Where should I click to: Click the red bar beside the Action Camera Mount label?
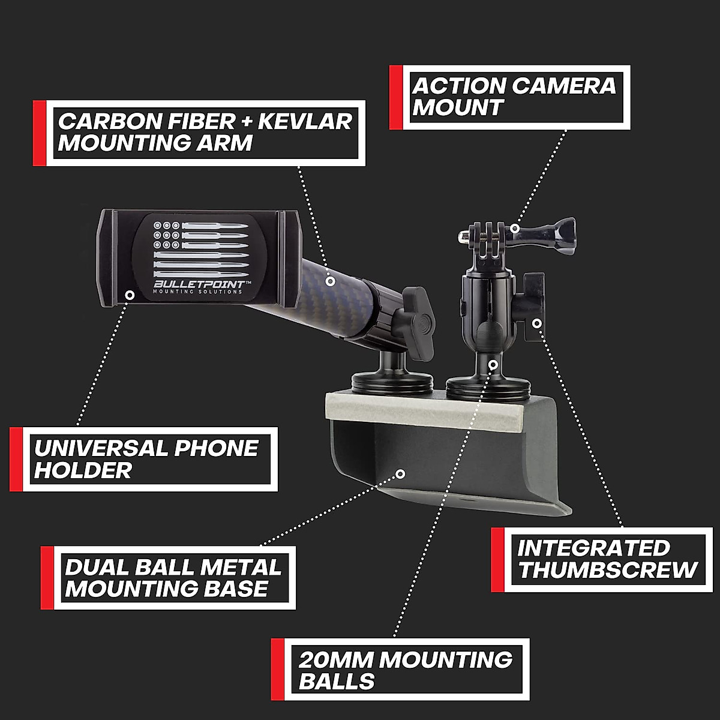[x=395, y=98]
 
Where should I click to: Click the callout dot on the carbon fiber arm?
[x=329, y=280]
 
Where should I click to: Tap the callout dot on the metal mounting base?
[x=401, y=473]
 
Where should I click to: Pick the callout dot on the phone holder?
[x=129, y=294]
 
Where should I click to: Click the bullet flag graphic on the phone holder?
[x=201, y=246]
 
